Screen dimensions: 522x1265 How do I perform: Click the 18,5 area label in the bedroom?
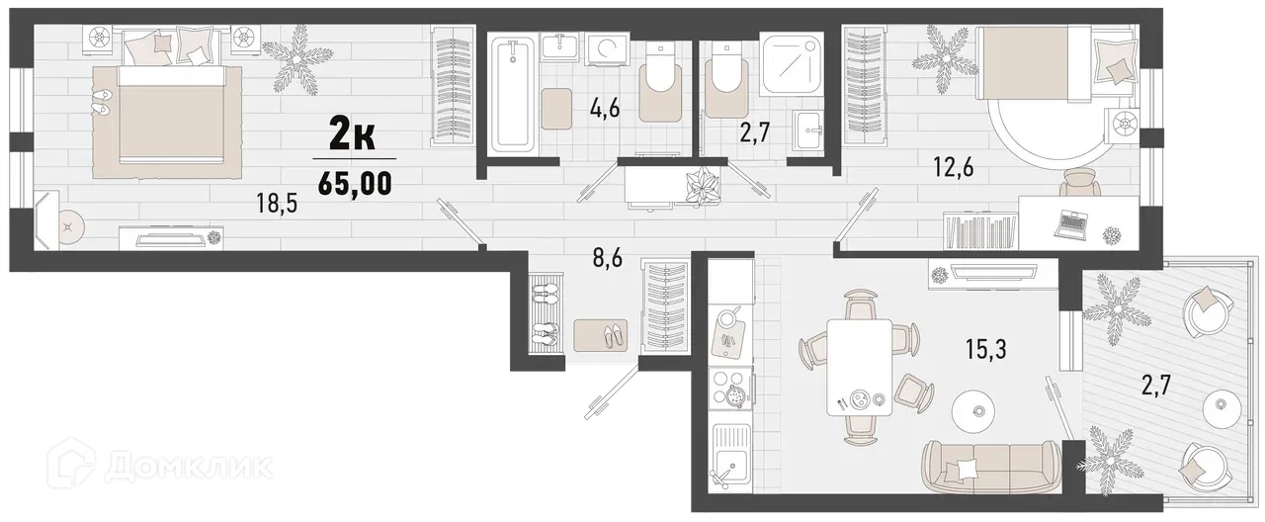point(276,206)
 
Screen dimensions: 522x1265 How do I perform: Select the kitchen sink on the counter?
point(730,466)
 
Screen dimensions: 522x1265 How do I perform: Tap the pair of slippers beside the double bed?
point(102,102)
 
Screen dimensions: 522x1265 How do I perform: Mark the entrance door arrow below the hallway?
point(605,396)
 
